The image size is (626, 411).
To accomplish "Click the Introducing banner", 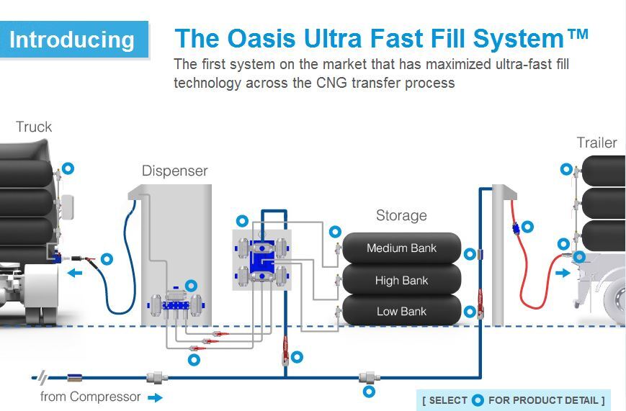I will coord(72,39).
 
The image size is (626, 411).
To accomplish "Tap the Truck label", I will coord(34,127).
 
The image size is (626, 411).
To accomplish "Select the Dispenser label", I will coord(174,171).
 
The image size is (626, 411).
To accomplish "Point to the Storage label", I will coord(401,215).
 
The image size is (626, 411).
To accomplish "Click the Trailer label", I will coord(596,143).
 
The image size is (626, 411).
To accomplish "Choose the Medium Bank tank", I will coord(401,248).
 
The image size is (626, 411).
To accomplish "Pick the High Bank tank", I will coord(401,280).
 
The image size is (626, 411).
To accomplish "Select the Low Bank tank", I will coord(401,311).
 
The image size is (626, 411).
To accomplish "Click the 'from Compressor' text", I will coord(91,397).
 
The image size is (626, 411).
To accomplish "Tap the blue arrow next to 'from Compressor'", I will coord(155,397).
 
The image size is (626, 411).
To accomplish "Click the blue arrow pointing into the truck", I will coord(74,273).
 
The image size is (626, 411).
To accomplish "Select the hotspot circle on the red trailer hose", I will coord(527,227).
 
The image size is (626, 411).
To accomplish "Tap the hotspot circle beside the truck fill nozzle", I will coord(107,258).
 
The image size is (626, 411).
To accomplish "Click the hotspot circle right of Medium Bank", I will coord(470,253).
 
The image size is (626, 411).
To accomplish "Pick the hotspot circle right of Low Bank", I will coord(470,312).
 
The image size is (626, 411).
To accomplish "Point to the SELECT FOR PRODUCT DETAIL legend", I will coord(513,399).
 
